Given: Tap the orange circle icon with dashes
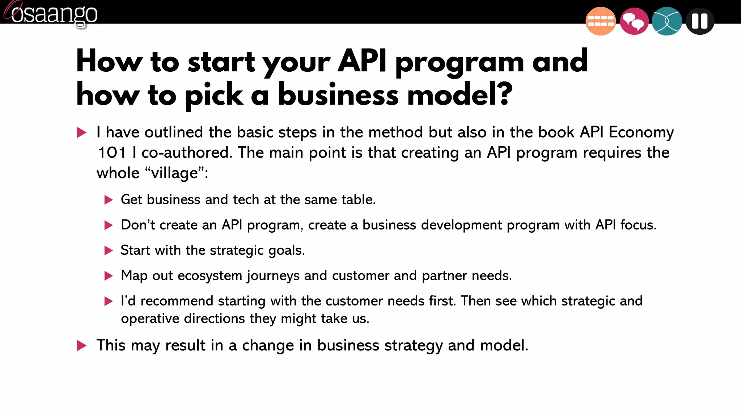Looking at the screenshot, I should pyautogui.click(x=600, y=21).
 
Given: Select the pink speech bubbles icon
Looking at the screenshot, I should pyautogui.click(x=634, y=21).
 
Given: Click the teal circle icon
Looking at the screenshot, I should pyautogui.click(x=666, y=21).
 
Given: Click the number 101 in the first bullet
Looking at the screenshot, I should pyautogui.click(x=111, y=153).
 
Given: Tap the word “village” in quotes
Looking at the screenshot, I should pyautogui.click(x=175, y=173).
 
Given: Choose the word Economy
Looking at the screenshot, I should pyautogui.click(x=641, y=132).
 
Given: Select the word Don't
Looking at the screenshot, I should pyautogui.click(x=138, y=225).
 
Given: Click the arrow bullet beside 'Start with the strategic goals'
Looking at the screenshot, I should pyautogui.click(x=109, y=250).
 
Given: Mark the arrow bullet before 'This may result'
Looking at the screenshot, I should pyautogui.click(x=82, y=345).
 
